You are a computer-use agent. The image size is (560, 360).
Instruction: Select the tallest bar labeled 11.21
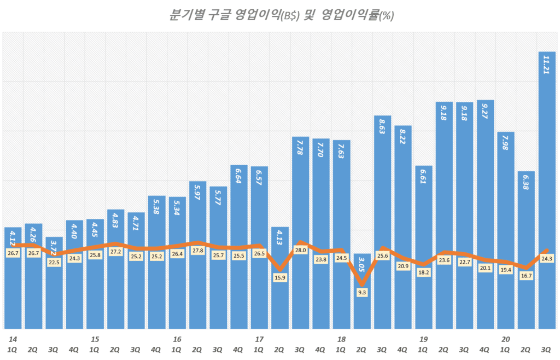pos(547,191)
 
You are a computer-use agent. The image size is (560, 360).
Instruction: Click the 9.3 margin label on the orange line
pos(361,292)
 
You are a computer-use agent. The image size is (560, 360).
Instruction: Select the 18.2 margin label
pos(423,272)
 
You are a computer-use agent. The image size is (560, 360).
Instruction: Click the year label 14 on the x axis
pos(13,339)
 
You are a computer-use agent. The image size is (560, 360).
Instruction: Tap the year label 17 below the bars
pos(259,339)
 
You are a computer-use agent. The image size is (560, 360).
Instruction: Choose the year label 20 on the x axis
pos(505,339)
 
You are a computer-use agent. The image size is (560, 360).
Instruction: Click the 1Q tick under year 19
pos(423,349)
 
